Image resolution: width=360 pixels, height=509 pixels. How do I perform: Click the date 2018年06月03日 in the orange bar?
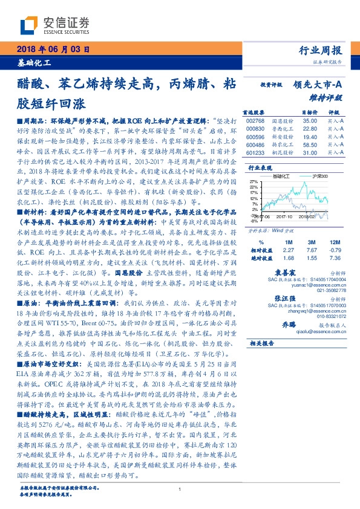[x=53, y=49]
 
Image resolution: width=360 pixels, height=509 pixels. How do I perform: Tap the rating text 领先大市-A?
[x=318, y=86]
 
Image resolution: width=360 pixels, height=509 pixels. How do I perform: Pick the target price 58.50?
[x=309, y=145]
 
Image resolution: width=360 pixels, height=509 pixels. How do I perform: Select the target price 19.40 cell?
[x=309, y=137]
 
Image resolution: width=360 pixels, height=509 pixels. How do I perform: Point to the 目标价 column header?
[x=309, y=112]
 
